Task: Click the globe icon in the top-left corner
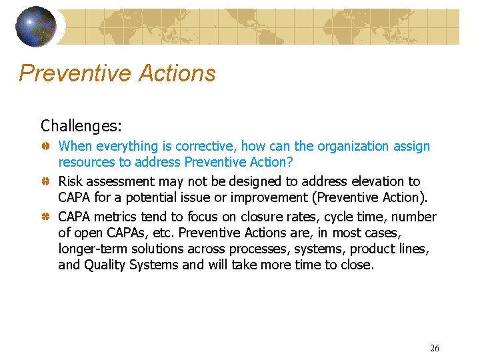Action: tap(36, 26)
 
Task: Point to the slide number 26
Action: tap(435, 348)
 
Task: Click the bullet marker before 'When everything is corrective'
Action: tap(45, 147)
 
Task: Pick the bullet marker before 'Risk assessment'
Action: tap(45, 182)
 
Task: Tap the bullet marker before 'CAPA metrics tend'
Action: tap(45, 217)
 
